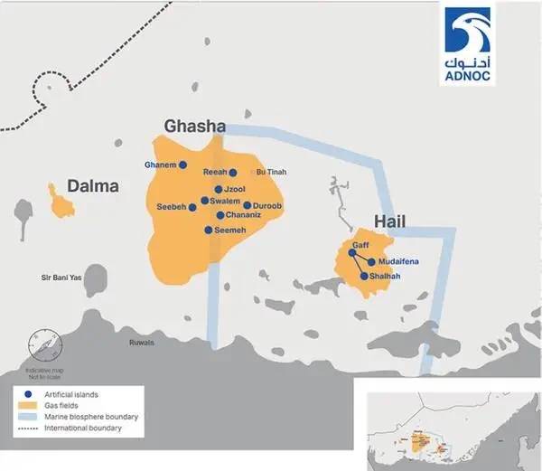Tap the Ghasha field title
193,126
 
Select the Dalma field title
93,186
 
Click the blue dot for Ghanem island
182,165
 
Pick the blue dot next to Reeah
233,173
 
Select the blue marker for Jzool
219,189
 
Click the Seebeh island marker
192,207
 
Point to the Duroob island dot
248,205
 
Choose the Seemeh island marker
209,230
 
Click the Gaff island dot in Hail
352,253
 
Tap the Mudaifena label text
397,262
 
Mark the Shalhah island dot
364,277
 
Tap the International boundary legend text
86,428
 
